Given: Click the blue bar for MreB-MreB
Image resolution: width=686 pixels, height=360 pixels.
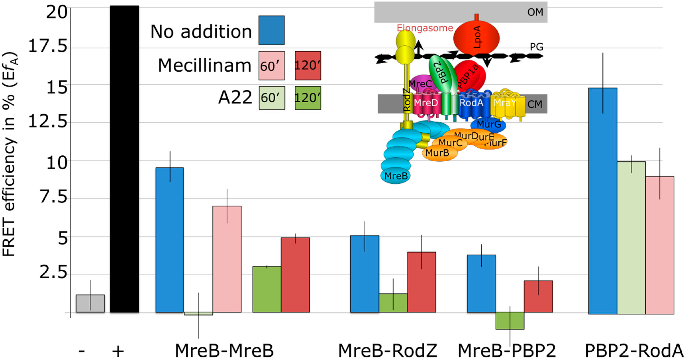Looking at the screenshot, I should [170, 240].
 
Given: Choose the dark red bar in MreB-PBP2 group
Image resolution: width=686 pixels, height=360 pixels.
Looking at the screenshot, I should [538, 296].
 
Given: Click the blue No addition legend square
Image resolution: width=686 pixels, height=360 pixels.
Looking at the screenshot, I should [271, 30].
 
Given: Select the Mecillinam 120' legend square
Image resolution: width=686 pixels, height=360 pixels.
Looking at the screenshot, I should [308, 66].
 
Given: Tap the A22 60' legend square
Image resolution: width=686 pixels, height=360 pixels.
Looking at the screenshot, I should [272, 98].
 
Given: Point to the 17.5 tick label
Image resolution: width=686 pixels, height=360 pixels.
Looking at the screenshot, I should [48, 46].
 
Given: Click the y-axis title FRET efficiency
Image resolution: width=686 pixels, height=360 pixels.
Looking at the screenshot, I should [10, 155].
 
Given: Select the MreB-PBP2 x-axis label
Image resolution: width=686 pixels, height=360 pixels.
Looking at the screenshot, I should [507, 350].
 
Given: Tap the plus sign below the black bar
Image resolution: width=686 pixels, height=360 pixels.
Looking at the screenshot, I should [118, 351].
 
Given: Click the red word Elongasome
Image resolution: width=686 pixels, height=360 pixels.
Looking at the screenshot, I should [425, 28].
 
